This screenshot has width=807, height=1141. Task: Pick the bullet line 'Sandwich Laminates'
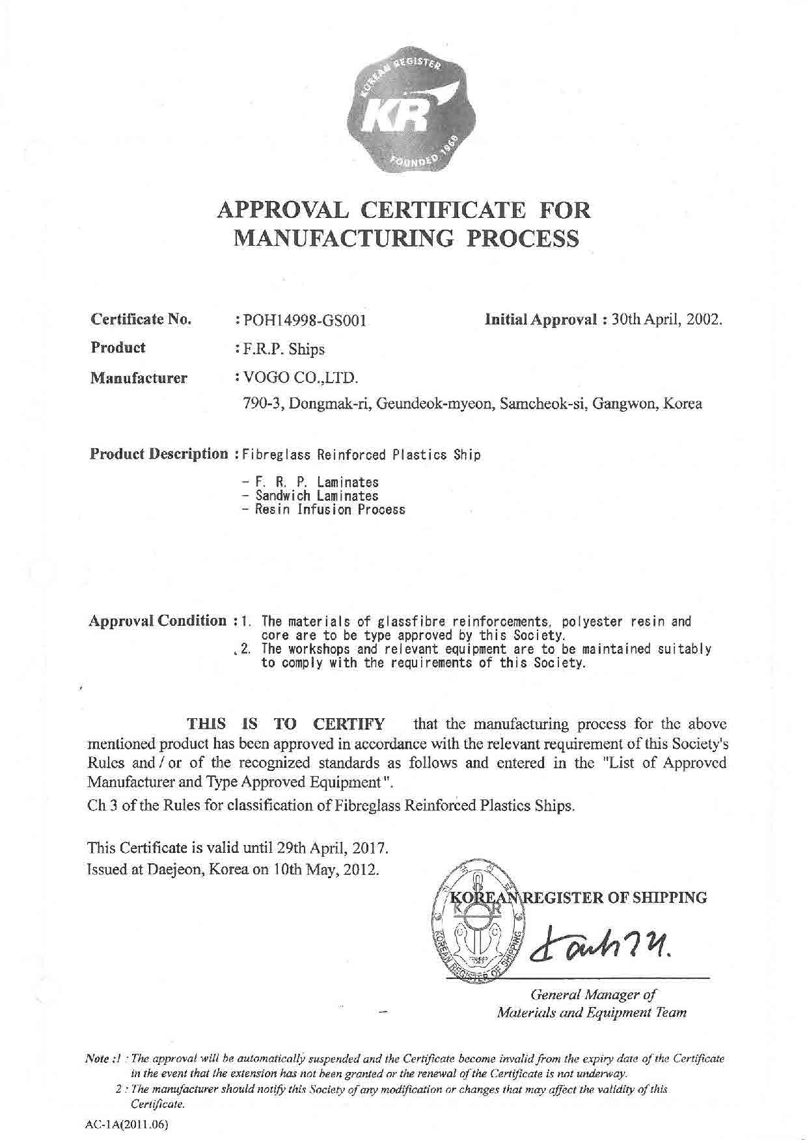[310, 496]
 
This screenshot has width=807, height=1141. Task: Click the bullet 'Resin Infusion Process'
[323, 509]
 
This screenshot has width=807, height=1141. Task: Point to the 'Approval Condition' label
[157, 621]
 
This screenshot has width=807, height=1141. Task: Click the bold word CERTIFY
[349, 724]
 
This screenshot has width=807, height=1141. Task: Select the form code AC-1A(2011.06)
[126, 1123]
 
